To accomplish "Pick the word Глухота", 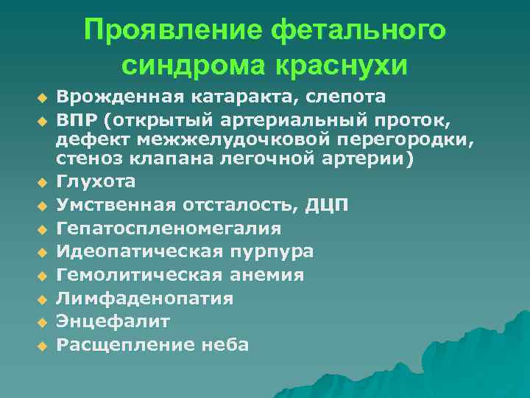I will tap(96, 181).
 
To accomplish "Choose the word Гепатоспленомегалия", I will tap(169, 228).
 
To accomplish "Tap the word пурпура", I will tap(273, 251).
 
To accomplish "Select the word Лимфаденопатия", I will tap(145, 298).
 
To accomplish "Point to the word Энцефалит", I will tap(114, 321).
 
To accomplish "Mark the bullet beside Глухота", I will tap(42, 182).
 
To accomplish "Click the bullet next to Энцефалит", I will tap(42, 322).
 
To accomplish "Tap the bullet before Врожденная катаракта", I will tap(42, 97).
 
